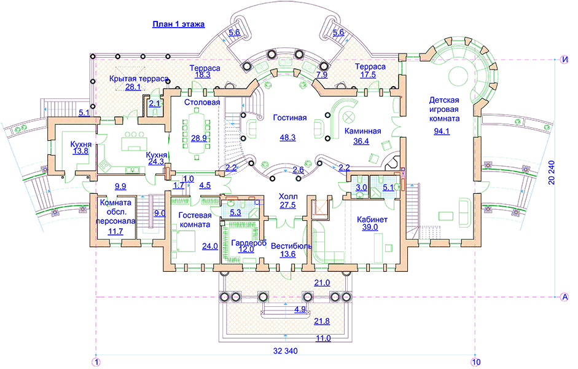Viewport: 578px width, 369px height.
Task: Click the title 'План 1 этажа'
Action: (x=178, y=25)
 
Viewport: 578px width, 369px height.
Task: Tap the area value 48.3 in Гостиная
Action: (x=287, y=137)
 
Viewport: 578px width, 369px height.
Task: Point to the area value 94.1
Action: (x=440, y=130)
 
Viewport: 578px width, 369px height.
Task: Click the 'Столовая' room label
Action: (x=202, y=102)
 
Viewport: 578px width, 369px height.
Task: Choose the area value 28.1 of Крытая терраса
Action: (x=133, y=87)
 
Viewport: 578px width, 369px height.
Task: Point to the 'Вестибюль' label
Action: (x=291, y=245)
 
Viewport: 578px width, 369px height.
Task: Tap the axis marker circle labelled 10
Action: (x=475, y=361)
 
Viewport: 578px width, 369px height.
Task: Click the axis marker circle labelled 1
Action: (x=96, y=361)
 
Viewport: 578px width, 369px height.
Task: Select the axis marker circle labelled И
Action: (x=564, y=59)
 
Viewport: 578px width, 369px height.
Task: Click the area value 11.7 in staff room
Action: (x=115, y=231)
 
